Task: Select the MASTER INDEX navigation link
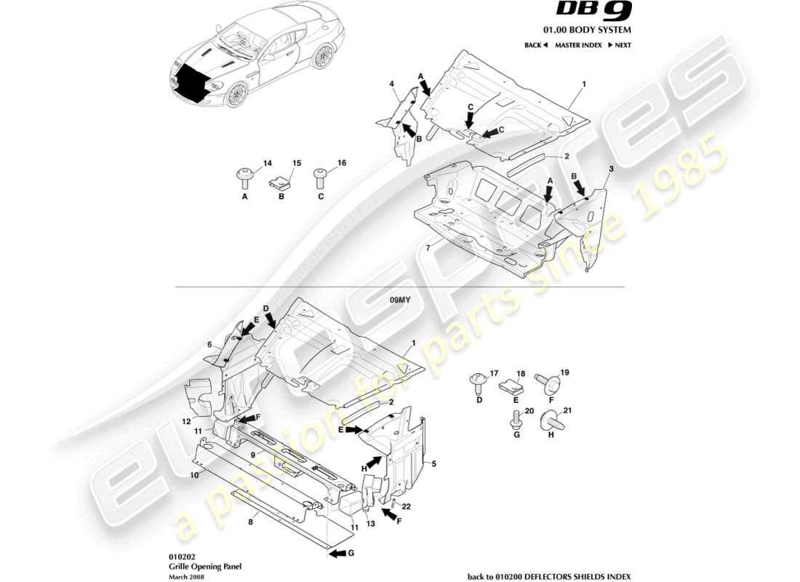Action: coord(578,45)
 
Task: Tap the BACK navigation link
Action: coord(535,45)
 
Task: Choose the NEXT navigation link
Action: coord(619,45)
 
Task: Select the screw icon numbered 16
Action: coord(321,175)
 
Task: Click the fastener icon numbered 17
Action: coord(479,379)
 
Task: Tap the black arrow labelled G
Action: coord(338,554)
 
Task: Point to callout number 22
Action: coord(407,506)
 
